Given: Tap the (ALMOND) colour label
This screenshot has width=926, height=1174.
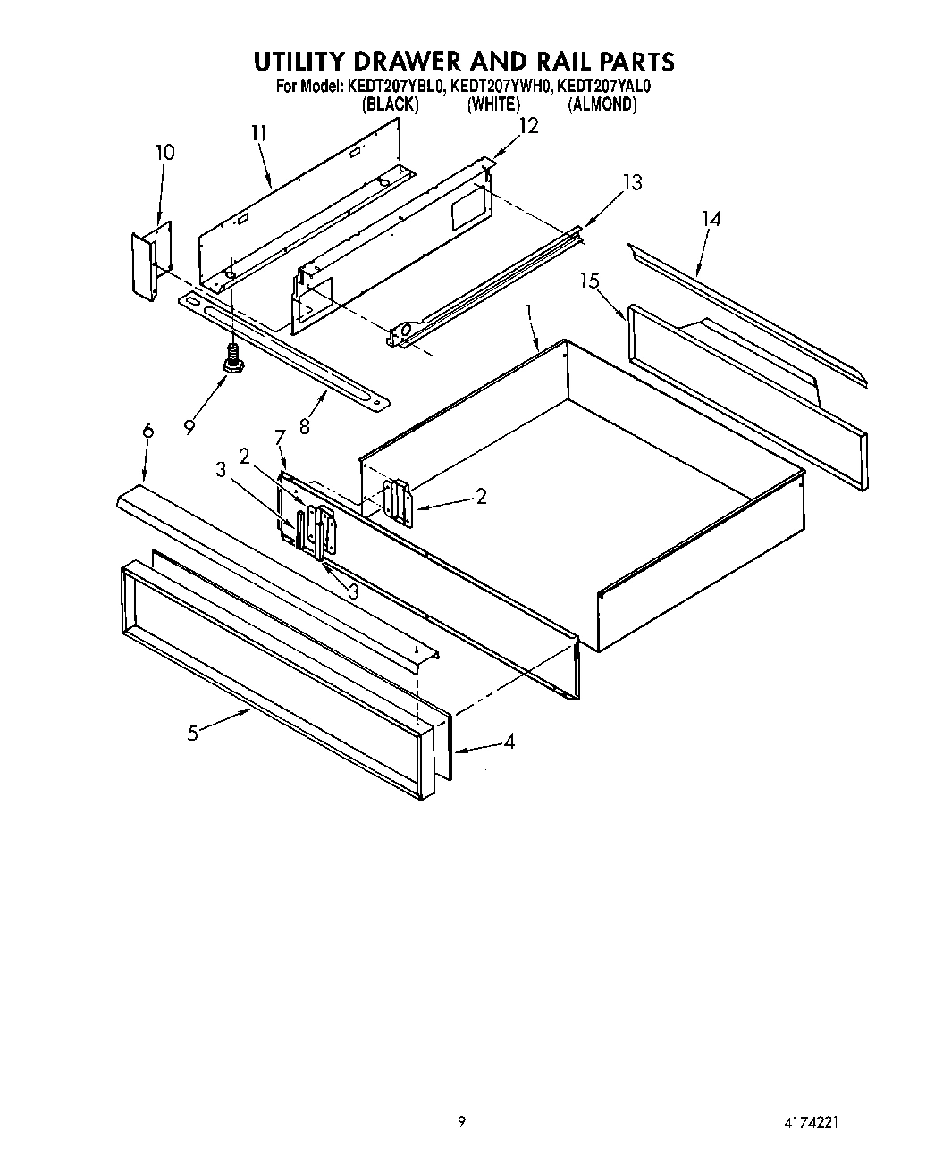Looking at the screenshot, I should click(602, 105).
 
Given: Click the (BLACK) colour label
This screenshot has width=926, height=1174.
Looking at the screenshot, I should click(390, 105).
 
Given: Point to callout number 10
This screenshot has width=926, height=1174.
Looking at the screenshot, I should click(164, 153).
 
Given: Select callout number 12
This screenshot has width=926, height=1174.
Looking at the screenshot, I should click(528, 126).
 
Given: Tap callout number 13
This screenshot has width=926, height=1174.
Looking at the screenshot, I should click(632, 182).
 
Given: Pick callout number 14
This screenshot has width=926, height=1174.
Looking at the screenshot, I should click(711, 219).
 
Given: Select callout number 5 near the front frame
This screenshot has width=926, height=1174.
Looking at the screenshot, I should click(192, 733).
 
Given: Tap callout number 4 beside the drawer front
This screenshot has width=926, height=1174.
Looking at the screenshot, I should click(509, 742).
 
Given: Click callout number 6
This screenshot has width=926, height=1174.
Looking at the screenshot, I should click(147, 432).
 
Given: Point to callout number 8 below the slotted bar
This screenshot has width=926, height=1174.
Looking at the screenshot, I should click(305, 427).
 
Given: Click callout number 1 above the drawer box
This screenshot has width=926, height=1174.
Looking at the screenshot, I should click(530, 314).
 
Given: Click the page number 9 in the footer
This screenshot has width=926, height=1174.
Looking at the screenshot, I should click(461, 1122).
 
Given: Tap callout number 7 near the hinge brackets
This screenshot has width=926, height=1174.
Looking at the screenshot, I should click(280, 437).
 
